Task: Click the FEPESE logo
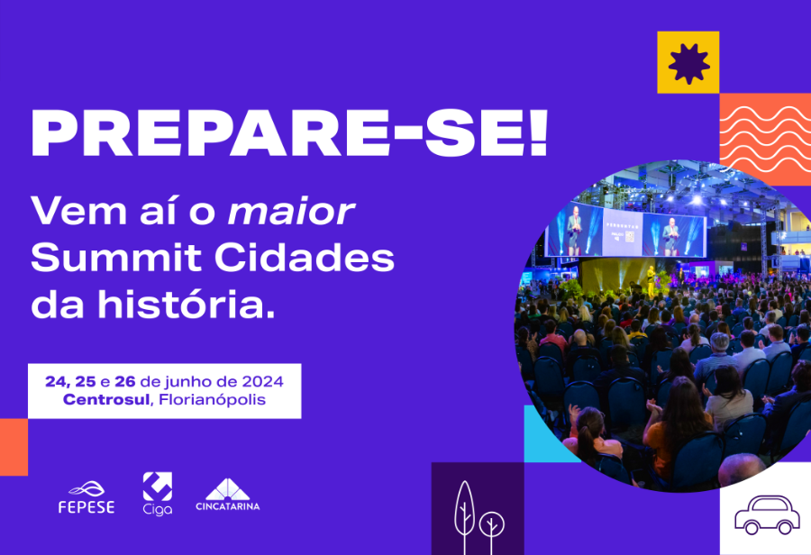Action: point(87,497)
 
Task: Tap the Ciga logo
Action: point(157,494)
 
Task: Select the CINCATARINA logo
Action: point(228,495)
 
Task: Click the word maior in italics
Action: point(291,211)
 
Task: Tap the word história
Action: point(187,305)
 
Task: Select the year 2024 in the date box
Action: point(263,382)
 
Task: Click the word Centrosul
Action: point(106,400)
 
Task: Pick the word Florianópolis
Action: point(212,400)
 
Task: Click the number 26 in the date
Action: point(125,382)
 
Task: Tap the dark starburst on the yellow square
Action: point(688,63)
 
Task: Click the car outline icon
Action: point(767,514)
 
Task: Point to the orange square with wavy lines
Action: point(765,139)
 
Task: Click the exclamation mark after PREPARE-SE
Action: point(539,132)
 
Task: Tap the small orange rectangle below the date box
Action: point(14,447)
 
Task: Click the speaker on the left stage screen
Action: point(574,231)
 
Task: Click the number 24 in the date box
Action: point(54,382)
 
